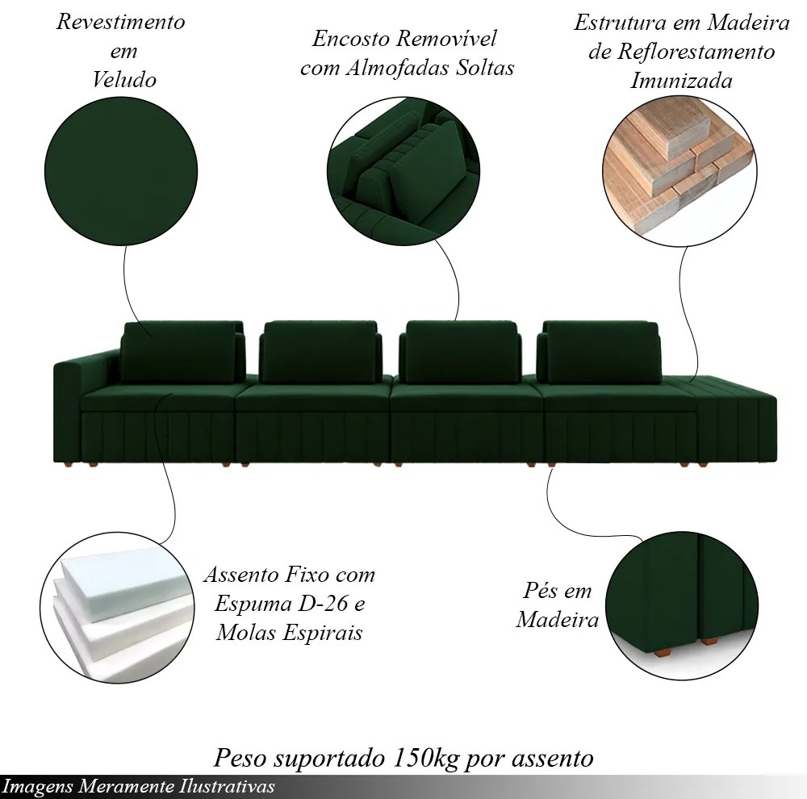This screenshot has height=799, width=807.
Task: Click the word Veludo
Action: tap(124, 80)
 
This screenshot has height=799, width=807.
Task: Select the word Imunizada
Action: tap(681, 81)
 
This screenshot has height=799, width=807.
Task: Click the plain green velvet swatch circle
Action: tap(121, 171)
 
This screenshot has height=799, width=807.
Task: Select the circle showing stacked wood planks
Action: tap(679, 171)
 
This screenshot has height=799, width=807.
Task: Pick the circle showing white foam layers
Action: tap(117, 608)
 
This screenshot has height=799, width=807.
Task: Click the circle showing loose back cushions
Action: tap(403, 173)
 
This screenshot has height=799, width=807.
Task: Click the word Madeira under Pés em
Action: tap(558, 619)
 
